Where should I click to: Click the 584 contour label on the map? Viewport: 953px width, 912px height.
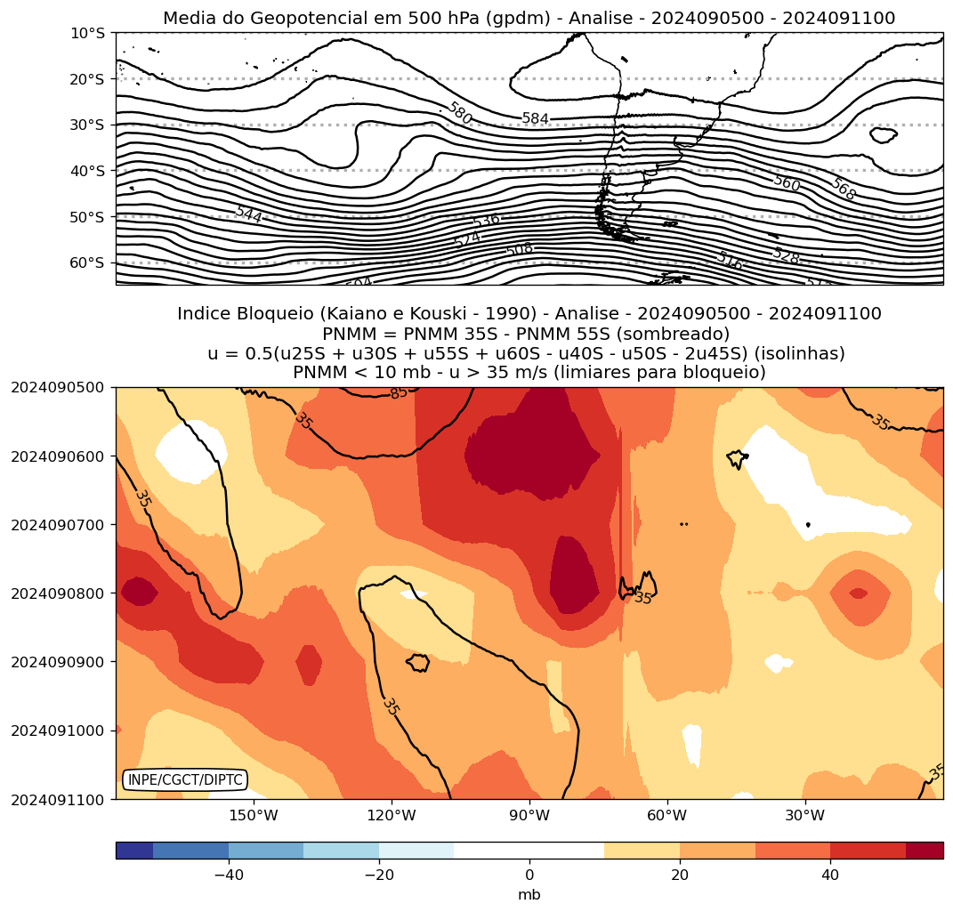(536, 118)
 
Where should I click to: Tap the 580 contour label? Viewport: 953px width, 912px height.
(459, 113)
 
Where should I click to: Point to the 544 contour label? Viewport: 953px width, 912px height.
(249, 214)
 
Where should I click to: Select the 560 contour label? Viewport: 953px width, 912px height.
(787, 183)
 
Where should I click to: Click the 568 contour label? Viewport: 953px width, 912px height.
(843, 189)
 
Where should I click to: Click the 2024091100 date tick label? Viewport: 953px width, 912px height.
(57, 799)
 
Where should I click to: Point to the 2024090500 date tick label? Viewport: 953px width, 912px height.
(57, 388)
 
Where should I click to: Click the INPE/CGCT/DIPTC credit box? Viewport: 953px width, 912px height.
(185, 780)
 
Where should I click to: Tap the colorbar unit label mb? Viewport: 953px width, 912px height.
(529, 895)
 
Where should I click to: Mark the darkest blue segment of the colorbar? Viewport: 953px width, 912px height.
(134, 851)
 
